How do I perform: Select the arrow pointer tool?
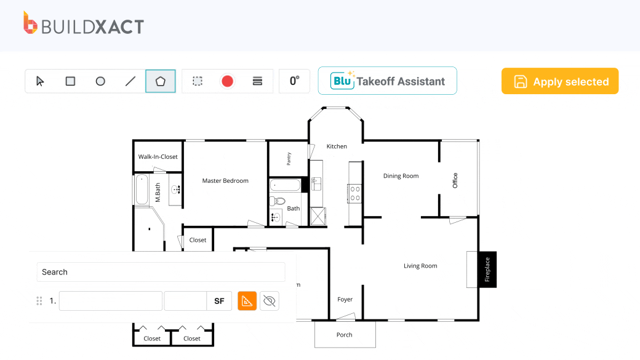40,81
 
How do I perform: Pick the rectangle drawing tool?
70,81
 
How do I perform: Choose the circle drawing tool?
100,81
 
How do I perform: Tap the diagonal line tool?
130,81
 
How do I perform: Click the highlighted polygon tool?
161,81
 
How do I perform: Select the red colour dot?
227,81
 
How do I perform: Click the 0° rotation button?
294,81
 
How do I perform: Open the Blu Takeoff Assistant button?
387,81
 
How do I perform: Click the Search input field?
161,272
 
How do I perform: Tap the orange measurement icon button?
247,301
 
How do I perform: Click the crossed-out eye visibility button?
270,301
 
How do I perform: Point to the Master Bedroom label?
225,181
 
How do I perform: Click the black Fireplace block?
487,270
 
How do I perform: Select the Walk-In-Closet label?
158,157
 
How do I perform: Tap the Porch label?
345,335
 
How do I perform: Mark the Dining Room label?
401,176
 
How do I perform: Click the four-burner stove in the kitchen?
355,193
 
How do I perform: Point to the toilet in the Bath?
278,201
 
